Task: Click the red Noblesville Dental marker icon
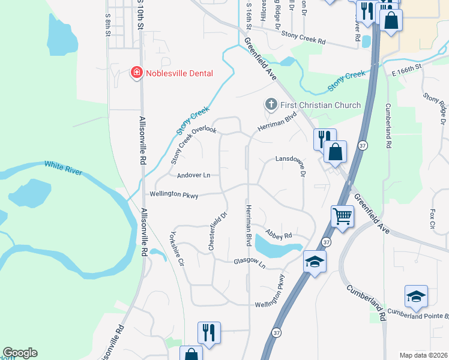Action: (137, 73)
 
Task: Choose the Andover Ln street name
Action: (193, 175)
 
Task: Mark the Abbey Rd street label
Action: (279, 236)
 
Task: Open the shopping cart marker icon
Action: (342, 216)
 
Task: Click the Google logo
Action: (20, 353)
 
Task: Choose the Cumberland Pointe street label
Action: (418, 313)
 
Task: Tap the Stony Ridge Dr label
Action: (436, 106)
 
